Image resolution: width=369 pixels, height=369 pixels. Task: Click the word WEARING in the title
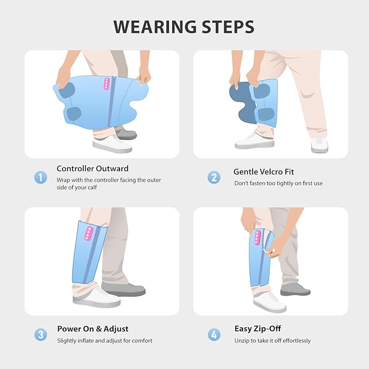[155, 27]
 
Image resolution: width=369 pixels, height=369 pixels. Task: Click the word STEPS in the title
[228, 27]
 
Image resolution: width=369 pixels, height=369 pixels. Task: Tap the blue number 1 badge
[40, 177]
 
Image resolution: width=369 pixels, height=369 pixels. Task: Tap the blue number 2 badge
[214, 177]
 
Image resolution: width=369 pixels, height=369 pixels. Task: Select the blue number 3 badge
[40, 334]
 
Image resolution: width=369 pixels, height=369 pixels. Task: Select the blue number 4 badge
[214, 334]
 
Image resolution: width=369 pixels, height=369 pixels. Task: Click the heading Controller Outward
[92, 168]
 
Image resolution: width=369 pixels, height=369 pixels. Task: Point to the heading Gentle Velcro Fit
[264, 172]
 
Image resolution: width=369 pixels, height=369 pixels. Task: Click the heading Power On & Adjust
[93, 329]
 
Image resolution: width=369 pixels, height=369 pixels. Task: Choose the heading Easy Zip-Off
[258, 329]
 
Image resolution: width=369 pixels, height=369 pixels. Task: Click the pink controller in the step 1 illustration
[107, 84]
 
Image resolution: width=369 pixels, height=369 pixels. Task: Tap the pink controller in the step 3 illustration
[89, 233]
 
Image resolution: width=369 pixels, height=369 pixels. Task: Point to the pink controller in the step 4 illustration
[258, 237]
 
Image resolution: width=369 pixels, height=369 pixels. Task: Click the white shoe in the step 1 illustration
[112, 144]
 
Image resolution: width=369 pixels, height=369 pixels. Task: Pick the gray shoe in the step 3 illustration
[123, 289]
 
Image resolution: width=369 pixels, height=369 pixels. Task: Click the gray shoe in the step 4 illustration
[295, 290]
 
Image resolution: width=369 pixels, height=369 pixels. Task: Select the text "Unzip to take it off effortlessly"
[272, 341]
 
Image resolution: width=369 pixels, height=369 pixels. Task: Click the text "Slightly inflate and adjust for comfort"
[105, 341]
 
